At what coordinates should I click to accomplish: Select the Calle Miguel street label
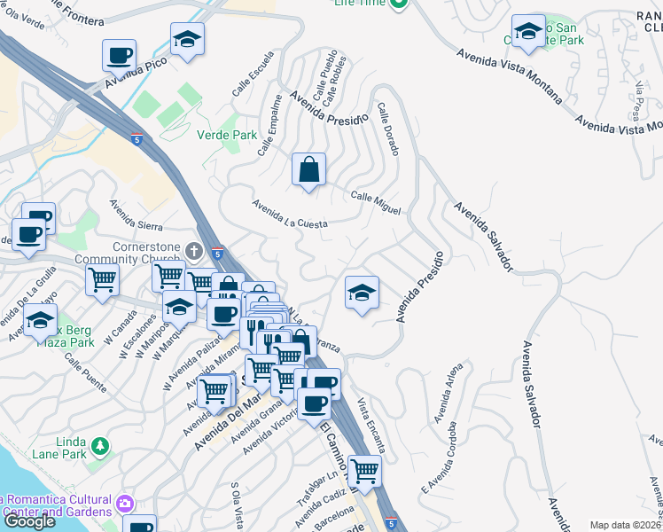376,202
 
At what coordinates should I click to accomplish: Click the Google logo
29,521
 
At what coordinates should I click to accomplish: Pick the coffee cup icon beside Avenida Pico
119,56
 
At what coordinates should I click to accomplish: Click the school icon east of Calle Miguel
362,293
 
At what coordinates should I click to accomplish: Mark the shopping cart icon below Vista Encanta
364,471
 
